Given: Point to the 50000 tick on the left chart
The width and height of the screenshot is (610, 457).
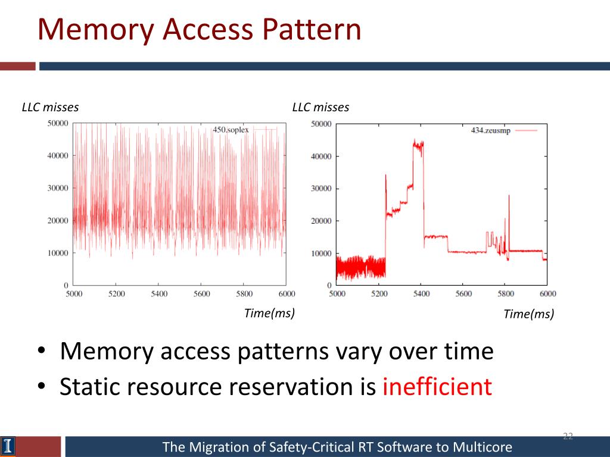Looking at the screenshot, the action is [x=57, y=123].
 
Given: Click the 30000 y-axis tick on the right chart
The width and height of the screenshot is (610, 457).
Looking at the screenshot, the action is [x=322, y=189].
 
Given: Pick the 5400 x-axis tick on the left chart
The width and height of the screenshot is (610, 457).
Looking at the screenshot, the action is [x=159, y=294].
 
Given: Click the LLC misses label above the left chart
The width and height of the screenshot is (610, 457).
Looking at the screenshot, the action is [x=50, y=108].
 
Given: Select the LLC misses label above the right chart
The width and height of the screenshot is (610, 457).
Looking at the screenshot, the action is [x=320, y=108].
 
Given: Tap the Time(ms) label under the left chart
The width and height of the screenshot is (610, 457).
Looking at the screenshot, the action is [x=269, y=314].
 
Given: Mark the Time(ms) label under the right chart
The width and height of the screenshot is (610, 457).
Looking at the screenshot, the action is [x=528, y=314].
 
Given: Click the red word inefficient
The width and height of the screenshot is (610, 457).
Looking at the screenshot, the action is [x=437, y=387].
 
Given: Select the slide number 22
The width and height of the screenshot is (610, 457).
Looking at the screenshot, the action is [x=568, y=437].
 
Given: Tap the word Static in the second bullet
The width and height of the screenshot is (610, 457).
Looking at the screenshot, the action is [x=88, y=387].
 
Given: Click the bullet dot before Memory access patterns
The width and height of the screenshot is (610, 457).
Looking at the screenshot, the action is [x=41, y=352].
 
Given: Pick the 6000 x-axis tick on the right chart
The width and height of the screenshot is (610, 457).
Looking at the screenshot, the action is [x=547, y=294].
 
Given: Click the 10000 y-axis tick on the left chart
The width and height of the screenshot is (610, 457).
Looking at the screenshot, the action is [x=57, y=253].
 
